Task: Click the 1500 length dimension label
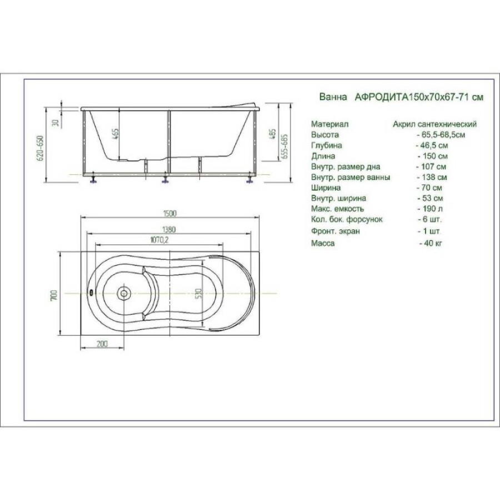click(169, 214)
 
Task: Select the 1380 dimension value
click(169, 229)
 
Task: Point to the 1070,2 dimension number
click(159, 240)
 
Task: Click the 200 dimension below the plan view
click(102, 344)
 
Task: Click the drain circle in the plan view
click(124, 293)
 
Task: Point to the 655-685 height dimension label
click(285, 146)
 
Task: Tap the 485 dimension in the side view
click(272, 135)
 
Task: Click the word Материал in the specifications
click(329, 124)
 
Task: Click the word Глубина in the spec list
click(327, 146)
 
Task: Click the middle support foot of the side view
click(165, 179)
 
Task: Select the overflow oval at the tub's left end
click(92, 292)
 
